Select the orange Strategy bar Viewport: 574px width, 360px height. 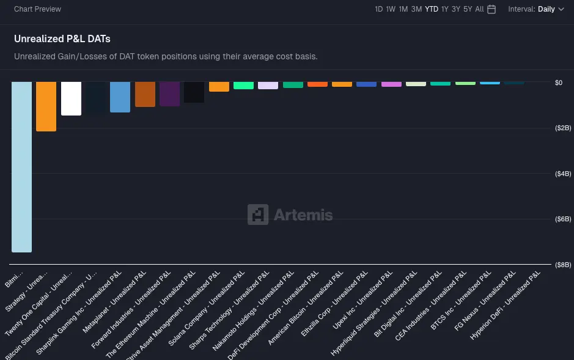(x=46, y=106)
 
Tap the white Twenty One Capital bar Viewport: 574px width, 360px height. (x=71, y=98)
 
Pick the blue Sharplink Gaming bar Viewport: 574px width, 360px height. (x=120, y=97)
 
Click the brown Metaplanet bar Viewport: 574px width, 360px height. (x=145, y=94)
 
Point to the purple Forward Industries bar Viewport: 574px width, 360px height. (x=169, y=94)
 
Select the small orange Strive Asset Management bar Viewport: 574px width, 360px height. (x=219, y=87)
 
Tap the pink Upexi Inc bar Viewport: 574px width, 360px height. (x=391, y=84)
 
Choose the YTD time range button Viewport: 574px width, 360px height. (x=432, y=9)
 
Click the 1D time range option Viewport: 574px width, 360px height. (x=379, y=9)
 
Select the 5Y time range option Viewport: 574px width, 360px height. (x=468, y=9)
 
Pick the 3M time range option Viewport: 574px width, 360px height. (x=416, y=9)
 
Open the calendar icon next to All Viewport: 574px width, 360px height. (x=491, y=9)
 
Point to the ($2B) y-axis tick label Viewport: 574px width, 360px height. (x=562, y=128)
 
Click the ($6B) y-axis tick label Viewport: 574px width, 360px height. (x=562, y=219)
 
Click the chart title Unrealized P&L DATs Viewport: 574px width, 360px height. (x=62, y=39)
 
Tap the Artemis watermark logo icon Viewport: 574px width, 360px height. (x=258, y=215)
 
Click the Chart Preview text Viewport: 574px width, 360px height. (x=37, y=9)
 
